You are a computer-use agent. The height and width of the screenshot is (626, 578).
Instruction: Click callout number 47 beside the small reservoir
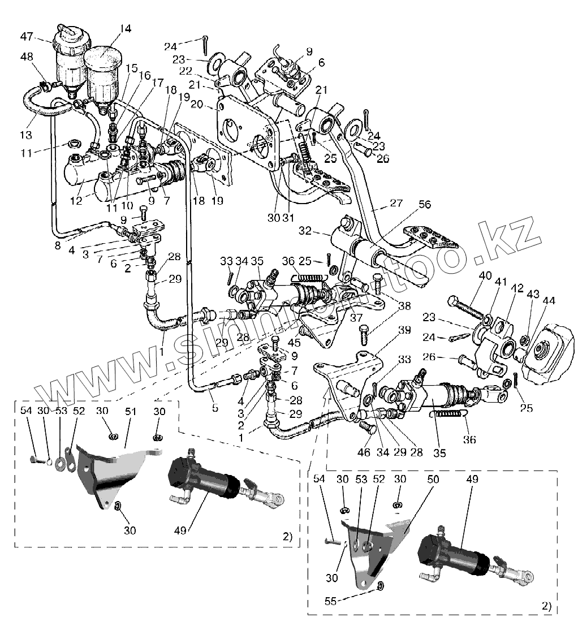coord(26,37)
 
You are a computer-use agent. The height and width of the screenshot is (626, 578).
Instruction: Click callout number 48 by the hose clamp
coord(26,57)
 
